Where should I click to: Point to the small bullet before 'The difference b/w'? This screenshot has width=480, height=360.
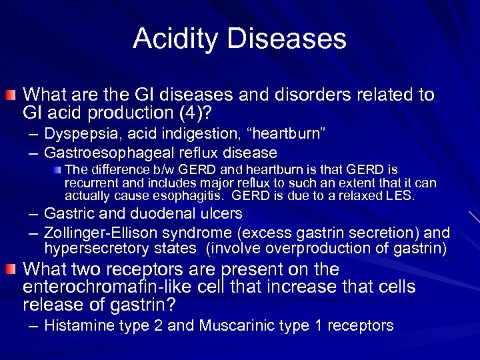[x=58, y=171]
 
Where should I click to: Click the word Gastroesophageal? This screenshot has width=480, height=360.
[x=99, y=153]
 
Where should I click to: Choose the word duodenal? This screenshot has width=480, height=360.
[x=165, y=215]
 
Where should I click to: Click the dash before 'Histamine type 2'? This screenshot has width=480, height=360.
[x=33, y=325]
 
